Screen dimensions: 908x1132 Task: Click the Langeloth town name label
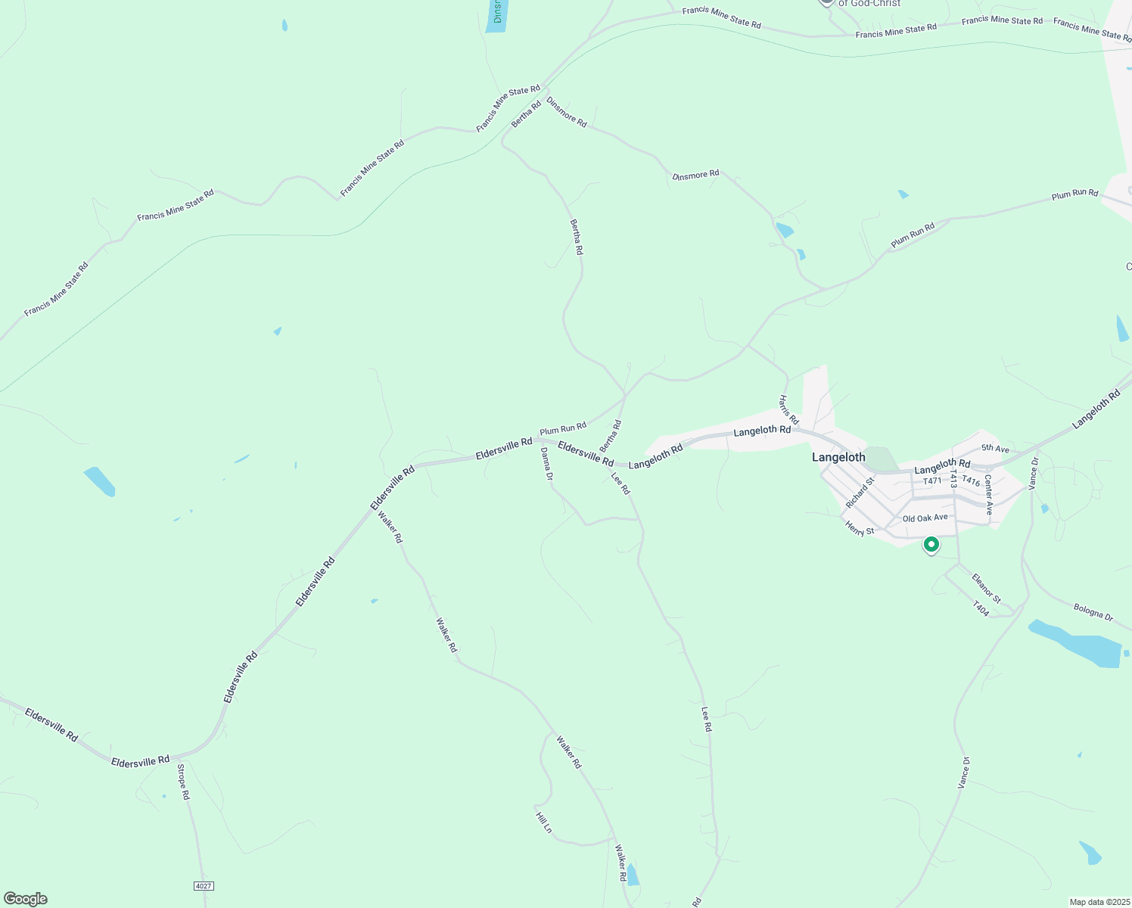click(x=838, y=457)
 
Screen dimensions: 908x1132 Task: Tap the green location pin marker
click(x=931, y=544)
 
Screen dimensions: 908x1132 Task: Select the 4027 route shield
click(x=203, y=885)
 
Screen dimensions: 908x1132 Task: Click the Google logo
click(x=26, y=899)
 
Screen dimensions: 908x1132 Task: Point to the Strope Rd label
click(x=183, y=782)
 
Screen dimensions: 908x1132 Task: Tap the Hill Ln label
click(x=543, y=822)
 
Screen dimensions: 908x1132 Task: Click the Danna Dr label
click(x=546, y=464)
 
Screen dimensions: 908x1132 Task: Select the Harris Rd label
click(x=788, y=409)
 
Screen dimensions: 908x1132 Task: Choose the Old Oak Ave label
click(x=925, y=518)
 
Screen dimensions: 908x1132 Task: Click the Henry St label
click(x=860, y=528)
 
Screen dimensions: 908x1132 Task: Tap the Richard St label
click(x=860, y=493)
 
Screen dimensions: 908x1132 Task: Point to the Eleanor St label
click(x=986, y=589)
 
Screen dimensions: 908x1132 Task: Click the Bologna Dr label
click(x=1093, y=611)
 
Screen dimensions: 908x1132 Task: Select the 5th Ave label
click(x=995, y=449)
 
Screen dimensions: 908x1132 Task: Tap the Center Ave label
click(x=988, y=495)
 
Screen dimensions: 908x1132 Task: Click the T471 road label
click(x=932, y=481)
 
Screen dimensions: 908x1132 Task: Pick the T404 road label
click(x=981, y=608)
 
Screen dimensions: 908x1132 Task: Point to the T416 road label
click(x=971, y=481)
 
